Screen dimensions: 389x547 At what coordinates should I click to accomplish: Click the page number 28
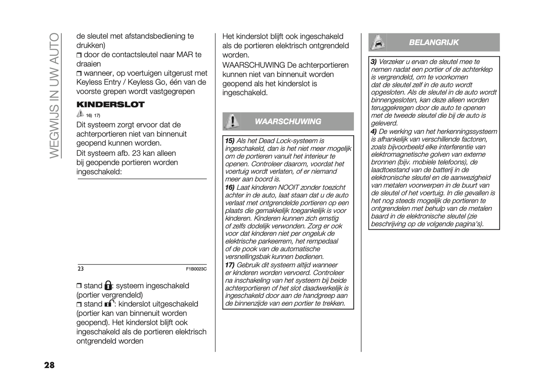[x=49, y=365]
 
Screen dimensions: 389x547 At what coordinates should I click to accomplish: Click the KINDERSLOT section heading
[x=110, y=104]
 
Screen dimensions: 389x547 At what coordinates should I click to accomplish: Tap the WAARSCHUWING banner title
[x=288, y=121]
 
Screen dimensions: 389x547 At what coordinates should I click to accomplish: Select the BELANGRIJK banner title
[x=433, y=42]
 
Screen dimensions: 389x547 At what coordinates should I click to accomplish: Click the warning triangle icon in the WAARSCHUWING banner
[x=231, y=121]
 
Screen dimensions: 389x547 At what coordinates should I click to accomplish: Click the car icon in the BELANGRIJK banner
[x=377, y=42]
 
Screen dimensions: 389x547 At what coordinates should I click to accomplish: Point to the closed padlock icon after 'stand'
[x=108, y=285]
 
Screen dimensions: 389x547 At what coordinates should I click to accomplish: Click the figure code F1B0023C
[x=196, y=269]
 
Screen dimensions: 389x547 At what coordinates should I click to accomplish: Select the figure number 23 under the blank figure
[x=81, y=269]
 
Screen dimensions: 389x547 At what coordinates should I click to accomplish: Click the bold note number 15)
[x=230, y=141]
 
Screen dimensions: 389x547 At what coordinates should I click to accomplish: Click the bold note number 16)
[x=230, y=187]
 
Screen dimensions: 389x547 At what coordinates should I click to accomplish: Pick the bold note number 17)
[x=230, y=265]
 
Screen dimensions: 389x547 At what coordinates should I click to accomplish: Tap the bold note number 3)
[x=374, y=62]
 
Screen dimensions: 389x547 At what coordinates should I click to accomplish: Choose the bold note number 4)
[x=374, y=131]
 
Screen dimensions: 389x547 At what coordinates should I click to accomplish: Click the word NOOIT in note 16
[x=288, y=187]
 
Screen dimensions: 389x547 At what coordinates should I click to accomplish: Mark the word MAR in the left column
[x=185, y=54]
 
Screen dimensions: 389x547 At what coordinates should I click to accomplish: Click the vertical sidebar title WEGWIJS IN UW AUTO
[x=55, y=95]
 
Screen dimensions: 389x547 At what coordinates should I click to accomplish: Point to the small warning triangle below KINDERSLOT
[x=80, y=114]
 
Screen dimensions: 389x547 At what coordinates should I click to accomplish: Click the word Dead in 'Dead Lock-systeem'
[x=266, y=141]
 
